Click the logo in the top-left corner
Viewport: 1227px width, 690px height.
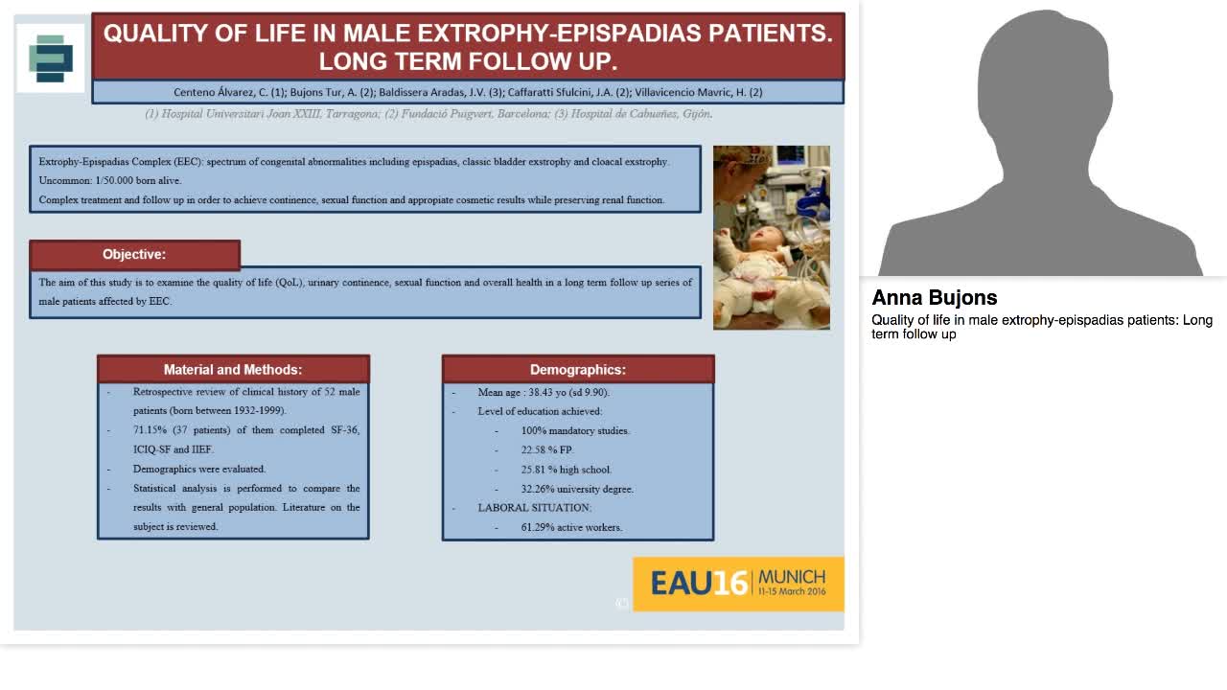point(51,58)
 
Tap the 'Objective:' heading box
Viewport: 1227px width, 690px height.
point(134,255)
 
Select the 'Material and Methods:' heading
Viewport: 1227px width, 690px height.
point(233,370)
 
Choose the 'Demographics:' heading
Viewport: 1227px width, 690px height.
point(578,370)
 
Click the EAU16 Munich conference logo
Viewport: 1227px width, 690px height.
point(738,584)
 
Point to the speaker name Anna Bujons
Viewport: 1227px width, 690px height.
point(935,298)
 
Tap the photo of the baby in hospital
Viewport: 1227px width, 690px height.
point(772,238)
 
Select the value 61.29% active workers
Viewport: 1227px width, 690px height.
point(571,527)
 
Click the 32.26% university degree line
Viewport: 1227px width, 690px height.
point(577,489)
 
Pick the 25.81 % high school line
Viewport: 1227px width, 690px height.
point(566,470)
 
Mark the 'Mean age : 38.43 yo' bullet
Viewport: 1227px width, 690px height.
point(544,392)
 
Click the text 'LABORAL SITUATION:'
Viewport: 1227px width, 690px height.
point(535,508)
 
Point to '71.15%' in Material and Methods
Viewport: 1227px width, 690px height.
point(150,430)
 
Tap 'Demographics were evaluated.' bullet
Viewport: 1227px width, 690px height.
point(199,469)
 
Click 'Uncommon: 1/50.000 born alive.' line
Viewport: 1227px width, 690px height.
point(110,181)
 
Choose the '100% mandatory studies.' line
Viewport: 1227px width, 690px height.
point(575,430)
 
